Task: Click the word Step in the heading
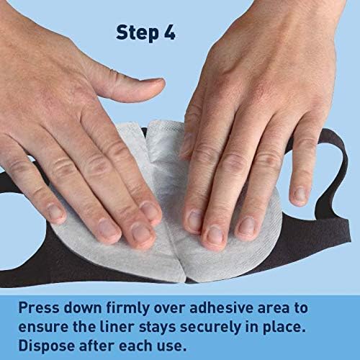[137, 33]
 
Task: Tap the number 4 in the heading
[170, 32]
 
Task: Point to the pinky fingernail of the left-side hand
[55, 212]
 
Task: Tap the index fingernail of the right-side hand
[196, 220]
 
